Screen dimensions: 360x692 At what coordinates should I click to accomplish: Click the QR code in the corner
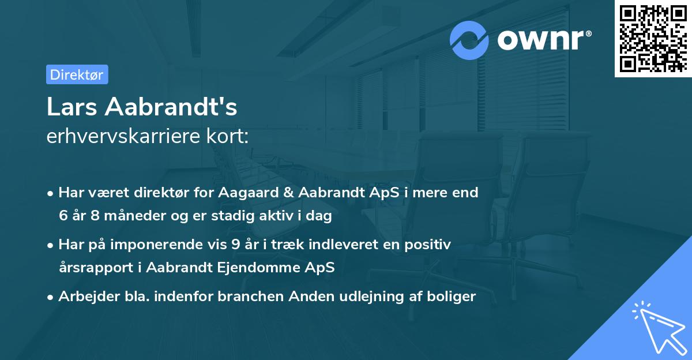[652, 38]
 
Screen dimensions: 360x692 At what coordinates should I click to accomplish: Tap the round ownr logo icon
[469, 40]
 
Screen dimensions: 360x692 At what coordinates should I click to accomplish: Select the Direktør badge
[77, 74]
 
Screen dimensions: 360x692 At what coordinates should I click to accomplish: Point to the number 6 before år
[63, 216]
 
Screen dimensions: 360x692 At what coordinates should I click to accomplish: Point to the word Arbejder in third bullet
[84, 297]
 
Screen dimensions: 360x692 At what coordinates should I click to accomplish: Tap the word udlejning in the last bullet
[377, 297]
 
